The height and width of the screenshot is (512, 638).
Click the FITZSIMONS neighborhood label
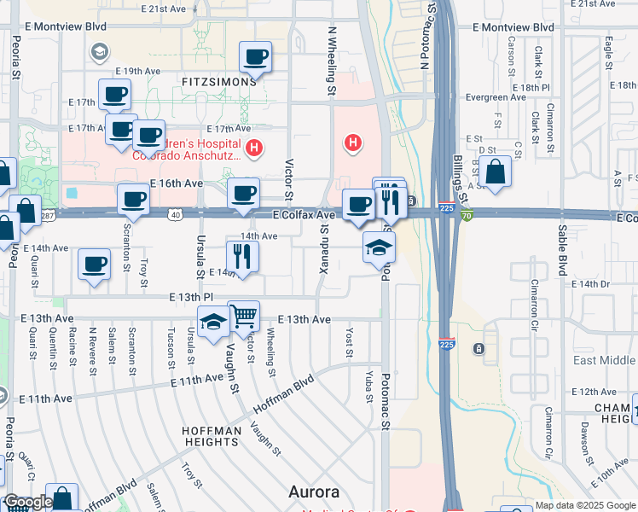click(x=218, y=81)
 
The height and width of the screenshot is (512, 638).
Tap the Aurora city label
click(x=314, y=492)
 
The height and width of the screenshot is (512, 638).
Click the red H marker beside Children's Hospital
click(x=252, y=148)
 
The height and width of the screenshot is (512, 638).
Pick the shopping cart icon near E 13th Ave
click(x=244, y=317)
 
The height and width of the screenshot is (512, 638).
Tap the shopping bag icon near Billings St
click(x=495, y=172)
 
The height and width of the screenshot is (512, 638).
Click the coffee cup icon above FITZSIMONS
click(x=255, y=57)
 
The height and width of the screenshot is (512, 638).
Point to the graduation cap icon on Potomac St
click(x=379, y=248)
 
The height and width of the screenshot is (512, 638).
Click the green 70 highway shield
click(x=465, y=216)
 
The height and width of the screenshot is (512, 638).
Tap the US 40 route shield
click(x=174, y=215)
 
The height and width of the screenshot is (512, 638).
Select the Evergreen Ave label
click(x=496, y=97)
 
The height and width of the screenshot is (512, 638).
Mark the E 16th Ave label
click(x=177, y=183)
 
